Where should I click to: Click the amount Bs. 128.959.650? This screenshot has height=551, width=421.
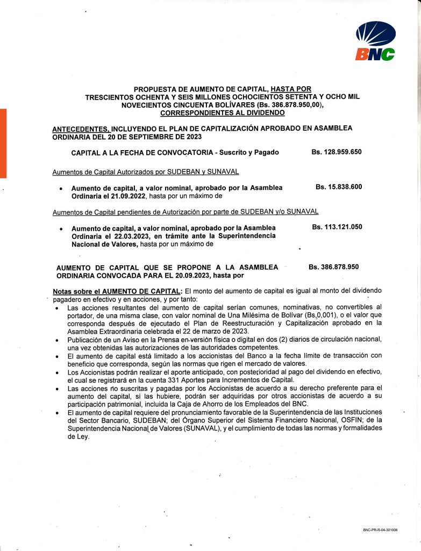coord(336,152)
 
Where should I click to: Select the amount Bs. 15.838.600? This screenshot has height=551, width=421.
coord(339,187)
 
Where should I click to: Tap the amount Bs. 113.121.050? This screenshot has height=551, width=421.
coord(337,227)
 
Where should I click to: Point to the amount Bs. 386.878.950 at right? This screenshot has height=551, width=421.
coord(334,266)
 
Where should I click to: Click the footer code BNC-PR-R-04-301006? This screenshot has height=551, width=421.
coord(380,530)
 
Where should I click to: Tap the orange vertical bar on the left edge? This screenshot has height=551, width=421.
coord(3,143)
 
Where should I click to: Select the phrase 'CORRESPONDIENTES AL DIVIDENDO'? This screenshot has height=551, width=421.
coord(222,113)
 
